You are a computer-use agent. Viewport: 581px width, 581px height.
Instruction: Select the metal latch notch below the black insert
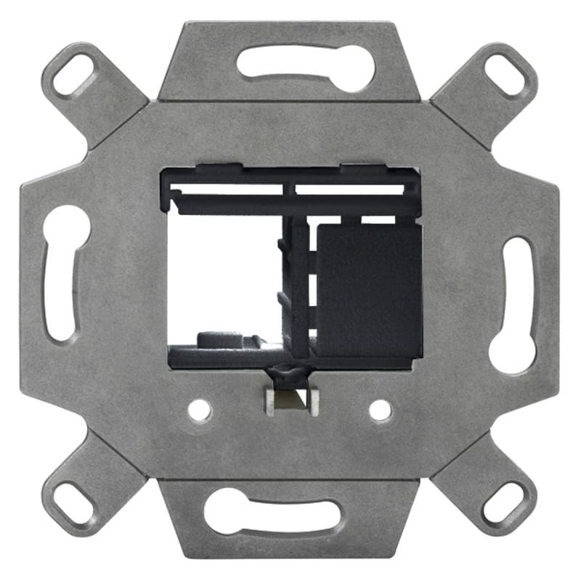point(293,399)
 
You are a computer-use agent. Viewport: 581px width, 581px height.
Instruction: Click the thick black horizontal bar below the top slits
point(290,206)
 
